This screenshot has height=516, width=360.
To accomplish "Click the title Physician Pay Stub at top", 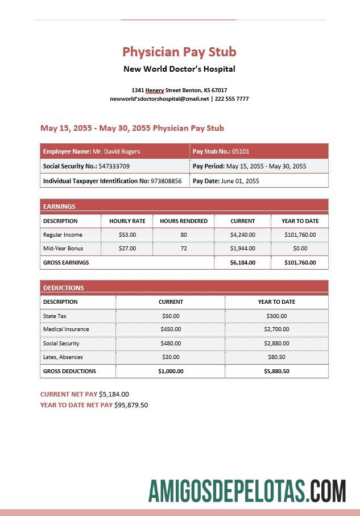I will (x=179, y=52).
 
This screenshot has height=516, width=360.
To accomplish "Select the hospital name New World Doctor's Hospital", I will (x=179, y=69).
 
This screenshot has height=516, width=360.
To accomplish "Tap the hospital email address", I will (x=159, y=99).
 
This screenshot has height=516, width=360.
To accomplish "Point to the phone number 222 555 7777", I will (x=231, y=99).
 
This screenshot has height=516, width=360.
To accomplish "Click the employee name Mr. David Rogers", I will (x=116, y=151).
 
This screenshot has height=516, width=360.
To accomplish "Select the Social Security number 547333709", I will (x=114, y=166).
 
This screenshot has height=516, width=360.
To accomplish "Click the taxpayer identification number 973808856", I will (x=166, y=181).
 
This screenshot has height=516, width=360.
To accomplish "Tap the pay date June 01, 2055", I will (x=240, y=181).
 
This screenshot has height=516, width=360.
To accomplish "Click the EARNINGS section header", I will (x=59, y=207).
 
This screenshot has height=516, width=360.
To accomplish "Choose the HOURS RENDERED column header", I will (x=184, y=221).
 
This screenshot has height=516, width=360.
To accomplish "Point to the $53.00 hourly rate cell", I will (x=127, y=234).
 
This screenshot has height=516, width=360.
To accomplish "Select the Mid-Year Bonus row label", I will (x=63, y=249).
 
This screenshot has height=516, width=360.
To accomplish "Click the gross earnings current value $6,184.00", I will (x=243, y=263).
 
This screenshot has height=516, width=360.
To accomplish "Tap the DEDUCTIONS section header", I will (x=64, y=288).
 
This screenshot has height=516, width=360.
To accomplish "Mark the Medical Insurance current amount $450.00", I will (x=171, y=329).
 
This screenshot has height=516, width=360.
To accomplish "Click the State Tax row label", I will (x=55, y=316).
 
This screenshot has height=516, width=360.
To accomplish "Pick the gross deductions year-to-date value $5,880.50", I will (x=276, y=371).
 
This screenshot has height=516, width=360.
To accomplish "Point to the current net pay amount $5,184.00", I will (x=114, y=394).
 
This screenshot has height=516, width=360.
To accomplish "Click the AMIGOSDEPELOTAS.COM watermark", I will (x=247, y=491).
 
